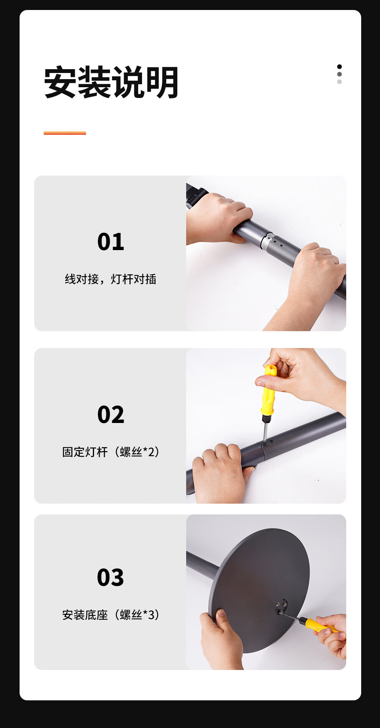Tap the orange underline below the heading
[65, 133]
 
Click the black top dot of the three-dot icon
[339, 66]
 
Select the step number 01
[111, 242]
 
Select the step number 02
[111, 415]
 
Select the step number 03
[111, 577]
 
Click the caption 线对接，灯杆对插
[111, 279]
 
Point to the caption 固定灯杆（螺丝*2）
[111, 452]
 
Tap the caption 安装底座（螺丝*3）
[111, 615]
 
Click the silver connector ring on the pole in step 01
[268, 241]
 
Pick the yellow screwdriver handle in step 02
[269, 389]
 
